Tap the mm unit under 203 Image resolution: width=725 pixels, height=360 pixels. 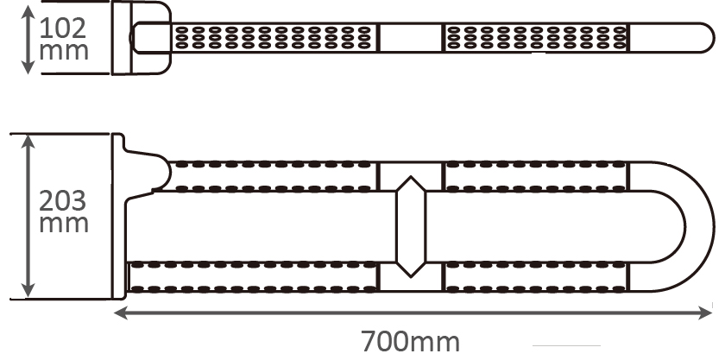pyautogui.click(x=65, y=224)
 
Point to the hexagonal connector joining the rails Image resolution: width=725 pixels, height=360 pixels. pyautogui.click(x=411, y=226)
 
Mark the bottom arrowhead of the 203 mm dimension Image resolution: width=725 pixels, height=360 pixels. pyautogui.click(x=30, y=292)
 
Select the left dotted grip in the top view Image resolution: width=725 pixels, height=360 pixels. pyautogui.click(x=274, y=36)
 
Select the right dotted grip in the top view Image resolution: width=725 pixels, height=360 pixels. pyautogui.click(x=535, y=36)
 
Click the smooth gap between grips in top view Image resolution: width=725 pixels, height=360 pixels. pyautogui.click(x=410, y=36)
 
